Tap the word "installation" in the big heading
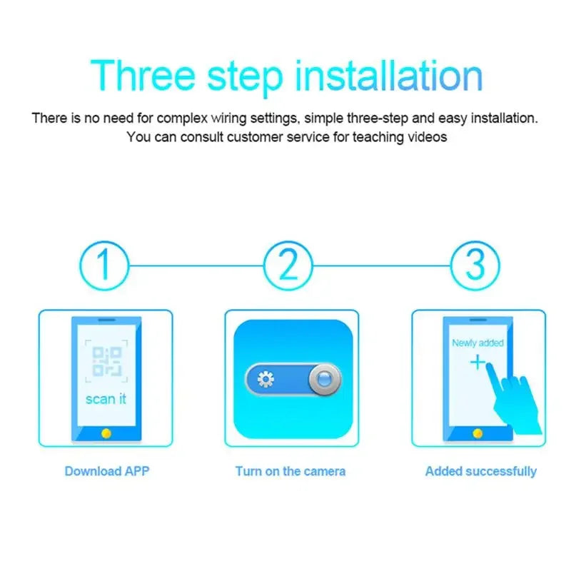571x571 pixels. [390, 76]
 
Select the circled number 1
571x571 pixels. [104, 266]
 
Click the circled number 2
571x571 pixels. [288, 266]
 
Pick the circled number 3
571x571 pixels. [475, 266]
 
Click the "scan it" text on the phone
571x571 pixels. [106, 398]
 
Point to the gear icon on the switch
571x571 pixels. [266, 379]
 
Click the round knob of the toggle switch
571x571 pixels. [324, 379]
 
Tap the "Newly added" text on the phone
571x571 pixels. [477, 343]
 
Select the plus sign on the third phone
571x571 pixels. [477, 363]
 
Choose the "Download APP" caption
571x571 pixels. [107, 471]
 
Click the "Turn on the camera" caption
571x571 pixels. [290, 471]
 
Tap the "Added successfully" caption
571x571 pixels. [480, 471]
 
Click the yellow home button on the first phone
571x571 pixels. [106, 433]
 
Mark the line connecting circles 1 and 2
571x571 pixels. [196, 266]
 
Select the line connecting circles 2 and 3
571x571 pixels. [382, 266]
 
